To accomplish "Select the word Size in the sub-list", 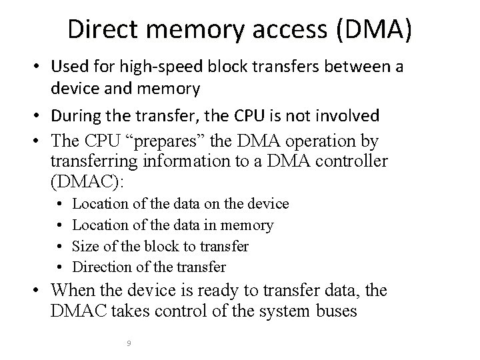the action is point(83,247).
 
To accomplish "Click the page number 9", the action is point(128,343).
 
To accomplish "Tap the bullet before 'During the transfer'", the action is point(39,116).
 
